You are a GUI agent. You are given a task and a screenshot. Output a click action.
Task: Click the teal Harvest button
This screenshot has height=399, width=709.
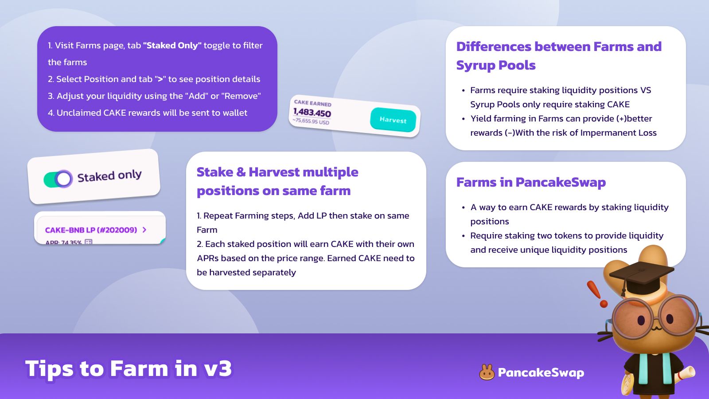(x=393, y=120)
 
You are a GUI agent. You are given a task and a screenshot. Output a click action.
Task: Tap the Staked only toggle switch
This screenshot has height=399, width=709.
(x=58, y=179)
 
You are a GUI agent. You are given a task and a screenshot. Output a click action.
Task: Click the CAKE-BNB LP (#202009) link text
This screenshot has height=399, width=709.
(x=91, y=230)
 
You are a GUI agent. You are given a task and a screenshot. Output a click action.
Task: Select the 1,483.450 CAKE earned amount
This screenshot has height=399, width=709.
(x=312, y=113)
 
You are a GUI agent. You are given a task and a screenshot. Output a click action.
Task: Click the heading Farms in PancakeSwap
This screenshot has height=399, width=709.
(x=531, y=182)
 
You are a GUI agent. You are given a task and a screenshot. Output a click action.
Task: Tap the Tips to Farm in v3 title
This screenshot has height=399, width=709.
(x=129, y=368)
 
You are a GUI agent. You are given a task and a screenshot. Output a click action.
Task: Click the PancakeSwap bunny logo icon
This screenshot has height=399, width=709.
(x=487, y=372)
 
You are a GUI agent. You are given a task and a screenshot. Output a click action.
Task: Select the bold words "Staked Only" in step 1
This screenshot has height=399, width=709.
(x=172, y=46)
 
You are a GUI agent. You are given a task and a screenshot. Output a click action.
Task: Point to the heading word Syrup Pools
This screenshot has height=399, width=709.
(x=496, y=66)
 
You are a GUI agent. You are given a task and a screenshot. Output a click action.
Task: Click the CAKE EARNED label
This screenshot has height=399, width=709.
(x=313, y=103)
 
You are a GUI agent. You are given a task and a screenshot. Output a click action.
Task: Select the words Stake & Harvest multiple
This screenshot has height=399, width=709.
(x=277, y=172)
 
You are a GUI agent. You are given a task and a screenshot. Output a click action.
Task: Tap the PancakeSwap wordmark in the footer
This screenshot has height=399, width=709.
(x=541, y=373)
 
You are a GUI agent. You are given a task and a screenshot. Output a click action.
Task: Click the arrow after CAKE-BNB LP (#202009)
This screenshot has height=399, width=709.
(x=144, y=230)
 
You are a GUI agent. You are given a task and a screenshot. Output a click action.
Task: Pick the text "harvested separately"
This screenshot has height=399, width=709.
(x=253, y=272)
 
